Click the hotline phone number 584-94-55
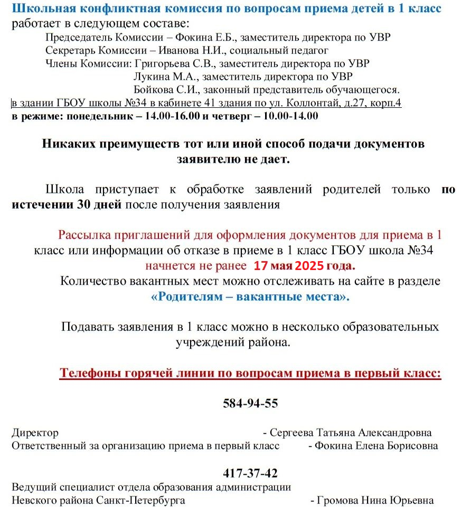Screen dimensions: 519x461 (250, 404)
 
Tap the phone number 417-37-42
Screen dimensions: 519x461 (250, 473)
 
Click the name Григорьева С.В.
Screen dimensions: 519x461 (175, 63)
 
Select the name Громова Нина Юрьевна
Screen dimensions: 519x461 (375, 501)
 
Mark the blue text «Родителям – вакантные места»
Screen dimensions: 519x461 (250, 296)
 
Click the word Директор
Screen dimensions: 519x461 (35, 433)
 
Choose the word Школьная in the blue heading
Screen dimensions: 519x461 (40, 9)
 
